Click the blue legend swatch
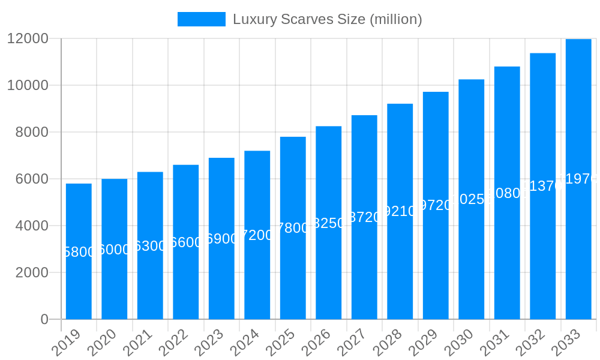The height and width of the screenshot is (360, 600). (201, 19)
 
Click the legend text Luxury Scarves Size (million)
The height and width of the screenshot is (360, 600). (327, 19)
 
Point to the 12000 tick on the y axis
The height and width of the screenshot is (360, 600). (28, 38)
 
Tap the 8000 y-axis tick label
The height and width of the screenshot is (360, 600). (31, 132)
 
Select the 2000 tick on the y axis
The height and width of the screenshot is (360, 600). (31, 272)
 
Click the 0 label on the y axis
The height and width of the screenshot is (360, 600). (44, 319)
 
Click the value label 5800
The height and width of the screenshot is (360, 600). (79, 252)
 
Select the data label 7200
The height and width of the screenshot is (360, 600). (257, 235)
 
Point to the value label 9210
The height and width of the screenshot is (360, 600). (400, 211)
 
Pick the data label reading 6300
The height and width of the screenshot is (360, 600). (150, 246)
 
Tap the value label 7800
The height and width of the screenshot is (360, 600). (293, 228)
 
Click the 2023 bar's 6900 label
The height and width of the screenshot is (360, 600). (221, 239)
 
